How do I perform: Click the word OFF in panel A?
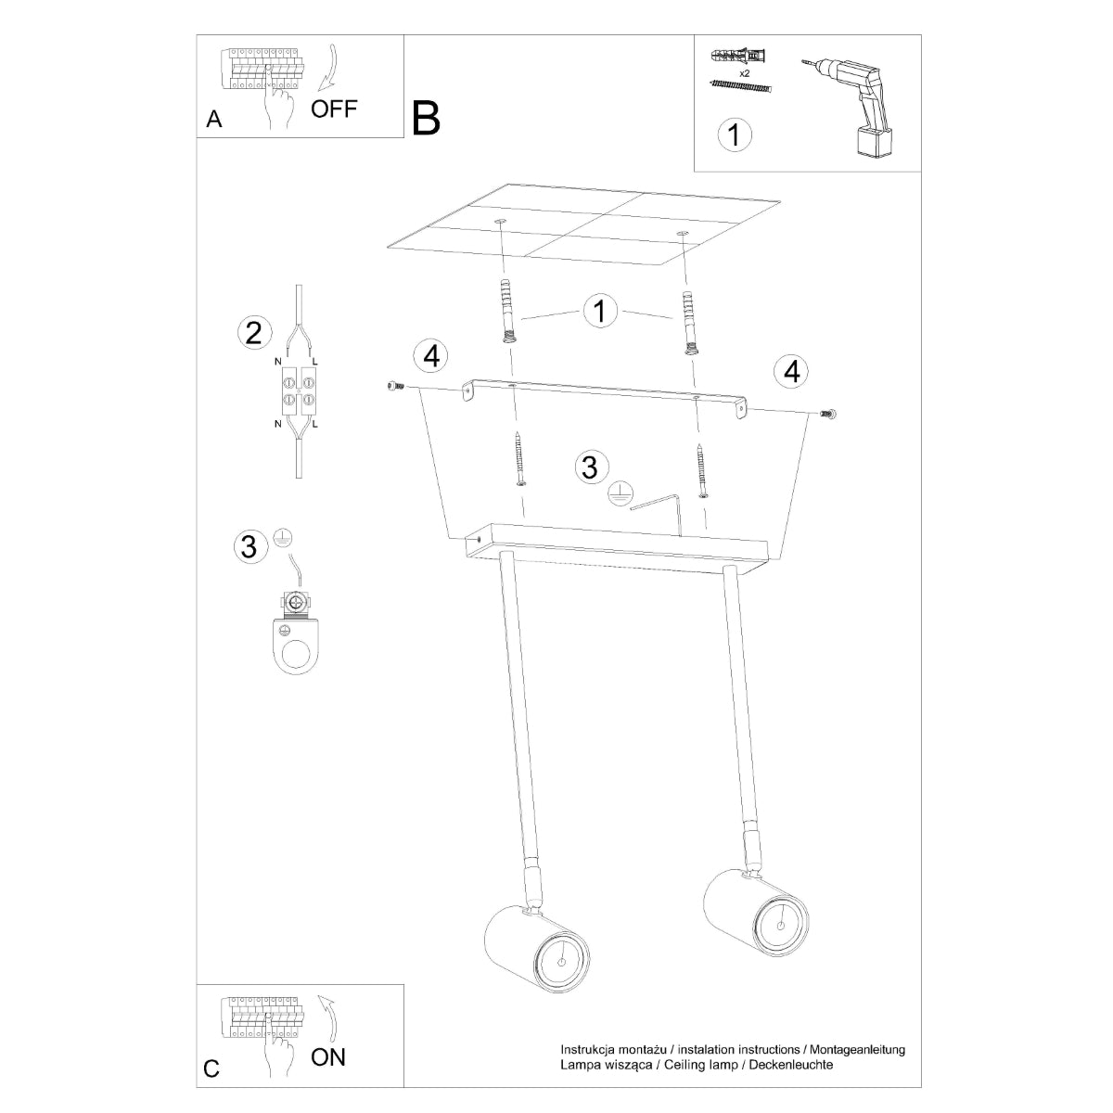334,109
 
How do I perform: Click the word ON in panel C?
328,1056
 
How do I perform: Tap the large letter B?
427,118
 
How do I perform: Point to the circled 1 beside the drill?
735,134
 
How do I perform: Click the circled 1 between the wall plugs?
600,311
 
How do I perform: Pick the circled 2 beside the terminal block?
253,332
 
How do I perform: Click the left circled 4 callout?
429,354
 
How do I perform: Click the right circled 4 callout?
791,371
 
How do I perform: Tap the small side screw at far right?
827,414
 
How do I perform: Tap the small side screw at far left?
394,386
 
